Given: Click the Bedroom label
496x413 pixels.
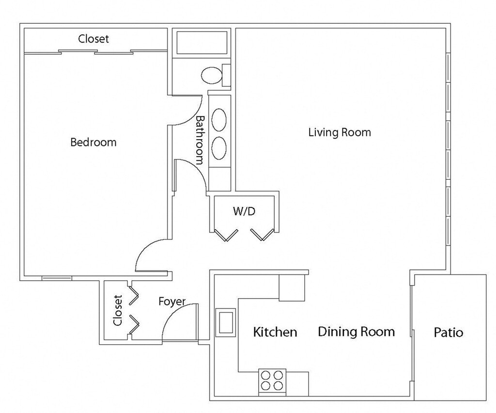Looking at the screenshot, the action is (93, 143).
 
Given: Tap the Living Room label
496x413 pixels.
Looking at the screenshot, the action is (340, 132).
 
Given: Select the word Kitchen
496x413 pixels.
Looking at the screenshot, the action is (275, 332).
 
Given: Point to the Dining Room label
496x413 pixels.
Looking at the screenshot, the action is (356, 332).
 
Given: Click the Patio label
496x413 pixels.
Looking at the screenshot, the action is (449, 333).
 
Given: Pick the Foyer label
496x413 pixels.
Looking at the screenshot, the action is (172, 302).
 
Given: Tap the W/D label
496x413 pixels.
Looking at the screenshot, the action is (244, 211).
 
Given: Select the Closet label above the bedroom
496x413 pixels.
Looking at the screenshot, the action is (93, 39).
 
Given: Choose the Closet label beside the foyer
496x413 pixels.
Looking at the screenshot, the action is (118, 310).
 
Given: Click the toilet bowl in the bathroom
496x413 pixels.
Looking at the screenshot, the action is (211, 75).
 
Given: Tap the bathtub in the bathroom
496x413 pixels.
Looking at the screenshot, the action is (202, 43).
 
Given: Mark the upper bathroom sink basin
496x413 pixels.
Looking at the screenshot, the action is (219, 120).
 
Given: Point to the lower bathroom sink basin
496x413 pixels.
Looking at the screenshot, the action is (219, 148).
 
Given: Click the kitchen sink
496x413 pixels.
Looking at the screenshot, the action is (226, 322).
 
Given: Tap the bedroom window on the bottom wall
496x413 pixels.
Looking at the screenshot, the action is (57, 278).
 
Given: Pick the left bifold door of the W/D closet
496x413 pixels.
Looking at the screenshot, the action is (226, 235).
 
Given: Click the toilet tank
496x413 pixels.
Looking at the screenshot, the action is (227, 75).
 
